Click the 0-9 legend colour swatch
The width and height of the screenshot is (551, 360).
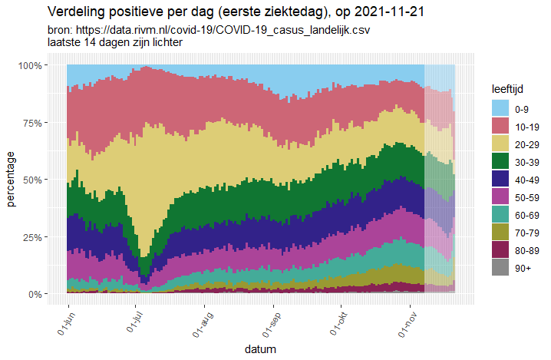tap(501, 107)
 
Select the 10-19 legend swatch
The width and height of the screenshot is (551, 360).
tap(501, 125)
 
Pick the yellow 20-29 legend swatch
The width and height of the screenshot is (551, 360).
tap(501, 143)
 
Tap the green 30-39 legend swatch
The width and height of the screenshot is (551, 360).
tap(501, 160)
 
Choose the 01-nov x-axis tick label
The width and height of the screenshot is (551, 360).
tap(410, 323)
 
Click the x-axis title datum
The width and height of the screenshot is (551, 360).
tap(261, 349)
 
